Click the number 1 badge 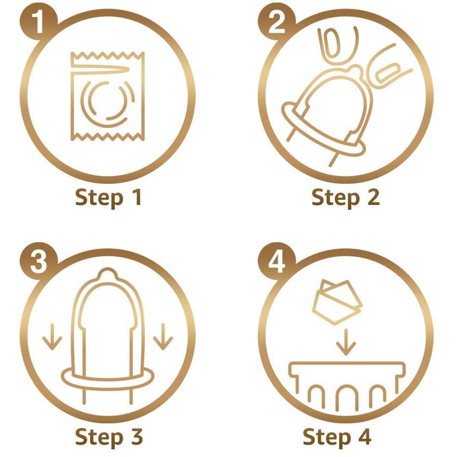[x=38, y=22]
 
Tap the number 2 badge [x=276, y=22]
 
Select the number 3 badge [x=38, y=261]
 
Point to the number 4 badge [x=276, y=261]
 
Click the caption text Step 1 [x=108, y=198]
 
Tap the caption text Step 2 [x=346, y=198]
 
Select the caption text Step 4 [x=337, y=437]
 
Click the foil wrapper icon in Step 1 [x=108, y=96]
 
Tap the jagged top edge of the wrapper [x=108, y=55]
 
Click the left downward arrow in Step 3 [x=52, y=336]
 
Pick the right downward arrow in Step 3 [x=163, y=336]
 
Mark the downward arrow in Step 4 [x=346, y=342]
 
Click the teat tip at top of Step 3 [x=108, y=274]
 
